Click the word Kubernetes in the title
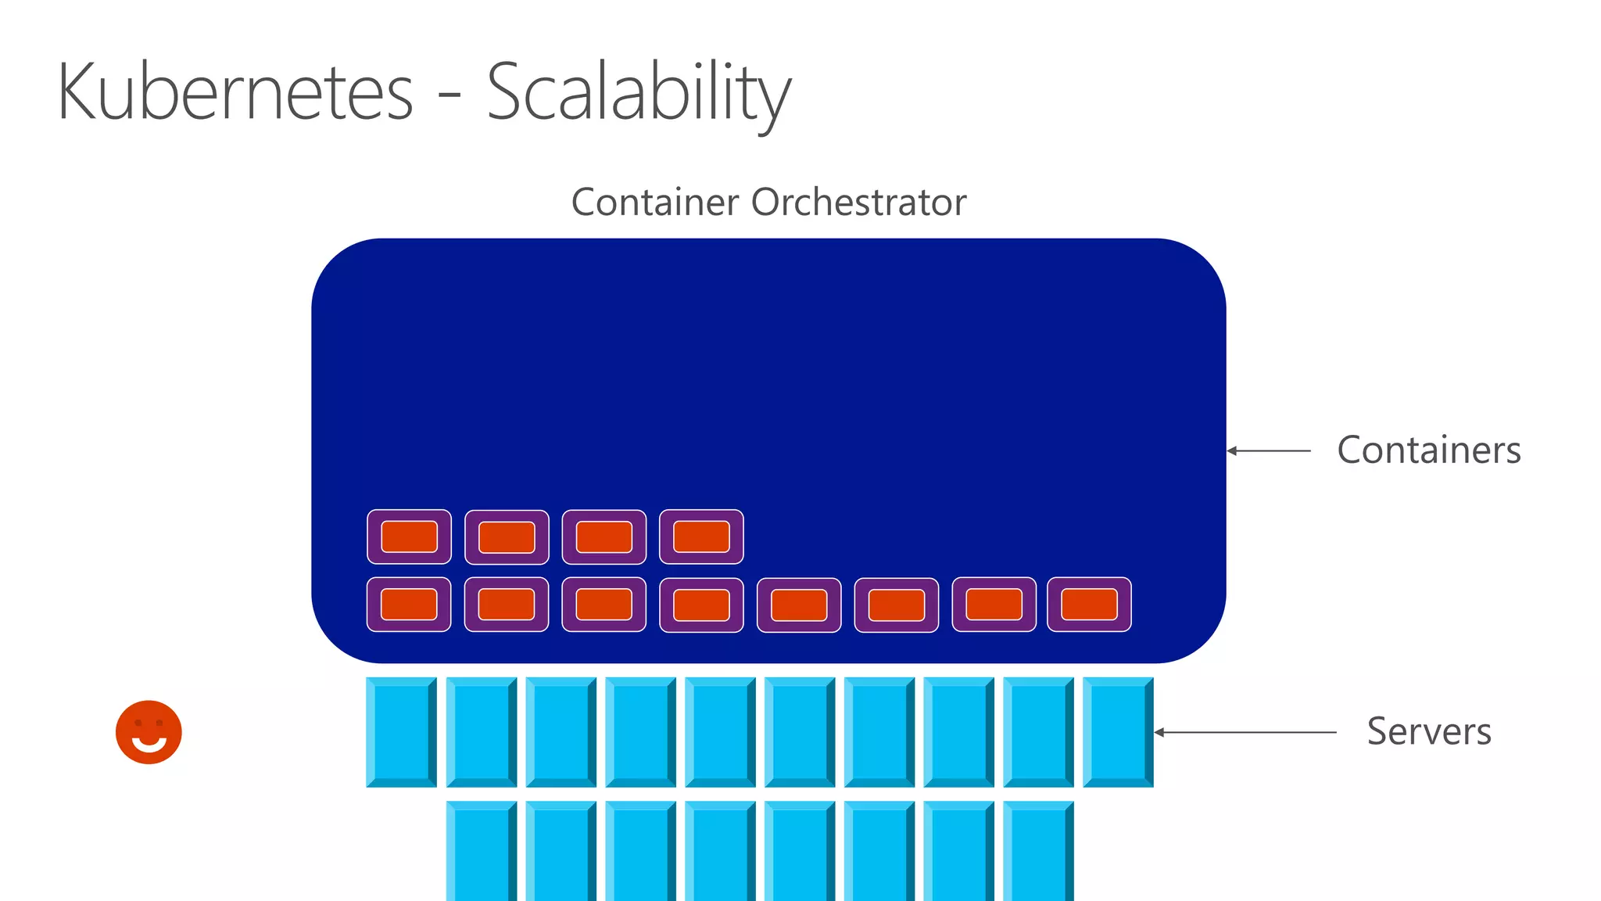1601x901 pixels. tap(235, 92)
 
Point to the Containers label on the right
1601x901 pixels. tap(1428, 450)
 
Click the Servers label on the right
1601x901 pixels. tap(1428, 731)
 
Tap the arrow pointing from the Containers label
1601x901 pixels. tap(1269, 450)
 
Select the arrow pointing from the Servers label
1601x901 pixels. tap(1245, 732)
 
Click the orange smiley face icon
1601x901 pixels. tap(149, 732)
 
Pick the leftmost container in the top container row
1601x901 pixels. tap(409, 537)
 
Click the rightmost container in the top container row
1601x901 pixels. tap(701, 537)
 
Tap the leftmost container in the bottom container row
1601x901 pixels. tap(409, 604)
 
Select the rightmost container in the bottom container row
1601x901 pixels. tap(1089, 604)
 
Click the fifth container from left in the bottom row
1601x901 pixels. tap(799, 605)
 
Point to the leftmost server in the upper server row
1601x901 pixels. tap(401, 732)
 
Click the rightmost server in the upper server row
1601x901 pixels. tap(1118, 732)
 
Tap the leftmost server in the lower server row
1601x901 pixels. tap(481, 851)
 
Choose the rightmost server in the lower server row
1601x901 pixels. tap(1038, 851)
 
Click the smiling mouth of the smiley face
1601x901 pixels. tap(149, 744)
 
